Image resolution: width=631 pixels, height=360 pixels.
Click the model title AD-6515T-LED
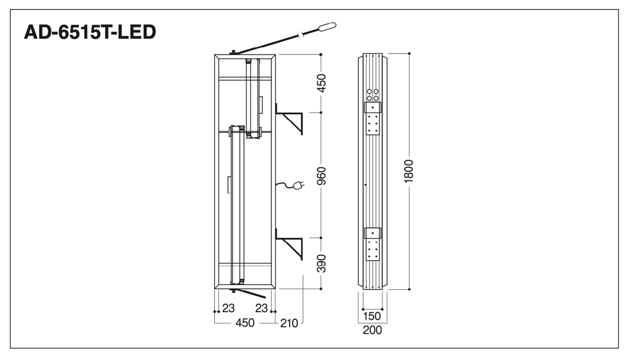pyautogui.click(x=90, y=32)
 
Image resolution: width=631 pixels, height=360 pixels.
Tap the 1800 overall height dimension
pyautogui.click(x=409, y=171)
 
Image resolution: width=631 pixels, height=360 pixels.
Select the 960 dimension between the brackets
pyautogui.click(x=321, y=176)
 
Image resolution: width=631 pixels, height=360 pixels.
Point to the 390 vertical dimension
pyautogui.click(x=321, y=263)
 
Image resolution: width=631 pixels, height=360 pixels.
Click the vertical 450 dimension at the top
pyautogui.click(x=321, y=83)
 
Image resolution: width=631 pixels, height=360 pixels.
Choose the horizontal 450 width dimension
pyautogui.click(x=245, y=323)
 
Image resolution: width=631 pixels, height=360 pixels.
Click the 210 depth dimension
pyautogui.click(x=289, y=324)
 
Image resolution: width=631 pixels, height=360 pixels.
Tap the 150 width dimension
pyautogui.click(x=372, y=316)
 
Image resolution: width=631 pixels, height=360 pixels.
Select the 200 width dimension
pyautogui.click(x=372, y=330)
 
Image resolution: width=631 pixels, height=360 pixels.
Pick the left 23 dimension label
pyautogui.click(x=229, y=308)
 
